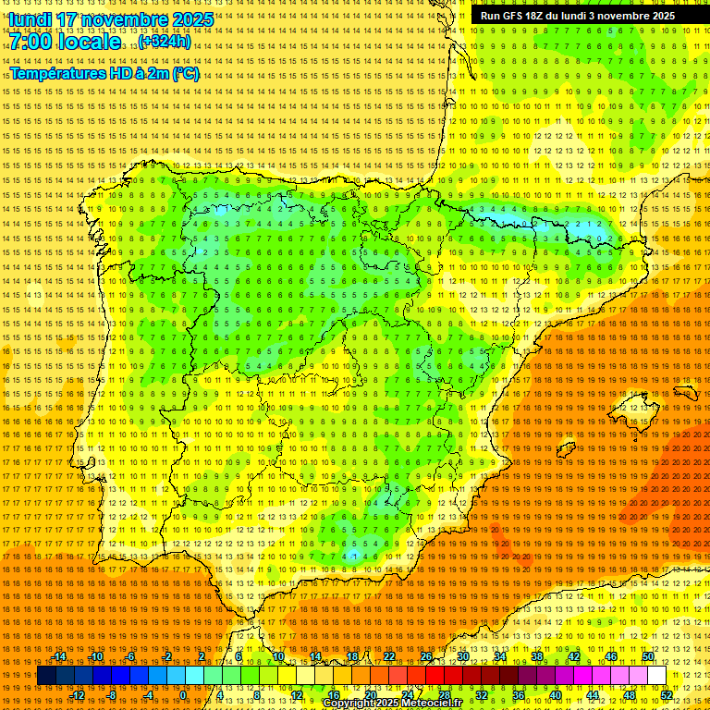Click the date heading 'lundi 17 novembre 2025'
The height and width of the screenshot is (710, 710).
(x=111, y=19)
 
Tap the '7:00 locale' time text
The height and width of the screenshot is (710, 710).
(x=66, y=42)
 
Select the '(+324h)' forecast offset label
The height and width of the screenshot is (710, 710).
(x=165, y=42)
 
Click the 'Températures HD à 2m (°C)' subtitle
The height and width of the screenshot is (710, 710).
(x=104, y=73)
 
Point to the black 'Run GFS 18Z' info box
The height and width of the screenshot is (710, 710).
(x=578, y=16)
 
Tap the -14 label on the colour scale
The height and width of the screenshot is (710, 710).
(x=60, y=656)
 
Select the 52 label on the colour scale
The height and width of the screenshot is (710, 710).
(x=666, y=695)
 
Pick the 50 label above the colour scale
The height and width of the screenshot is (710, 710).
(x=647, y=656)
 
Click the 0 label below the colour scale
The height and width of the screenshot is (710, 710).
(x=183, y=695)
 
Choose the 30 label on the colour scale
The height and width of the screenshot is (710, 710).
(x=462, y=656)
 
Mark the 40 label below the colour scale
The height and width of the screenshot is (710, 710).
(x=555, y=695)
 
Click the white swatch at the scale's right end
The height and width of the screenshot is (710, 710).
(x=656, y=676)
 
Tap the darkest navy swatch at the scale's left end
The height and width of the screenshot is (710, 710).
(x=46, y=676)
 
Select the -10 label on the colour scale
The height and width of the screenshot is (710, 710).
(x=96, y=656)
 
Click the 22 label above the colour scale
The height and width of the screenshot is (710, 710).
(x=388, y=656)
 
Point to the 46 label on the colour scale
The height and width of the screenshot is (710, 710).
(x=610, y=656)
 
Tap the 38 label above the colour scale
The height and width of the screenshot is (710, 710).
(x=536, y=656)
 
